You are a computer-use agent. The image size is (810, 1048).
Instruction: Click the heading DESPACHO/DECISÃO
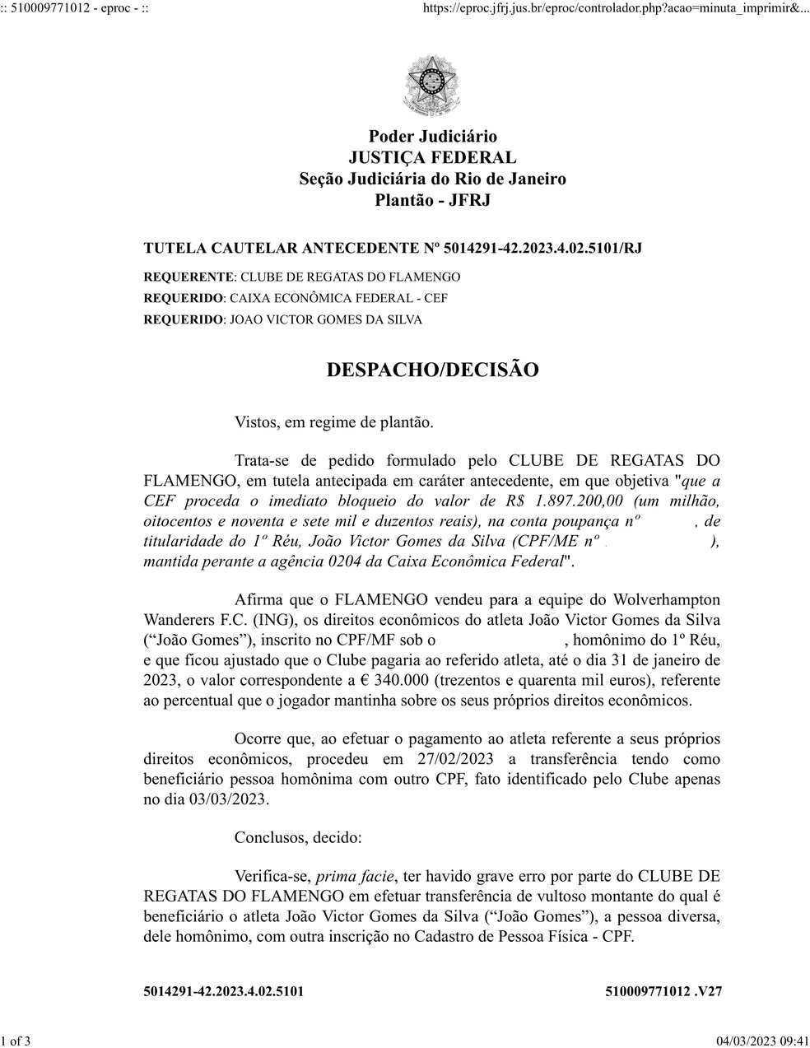pyautogui.click(x=432, y=370)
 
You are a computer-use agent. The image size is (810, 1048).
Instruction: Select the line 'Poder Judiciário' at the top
pyautogui.click(x=432, y=136)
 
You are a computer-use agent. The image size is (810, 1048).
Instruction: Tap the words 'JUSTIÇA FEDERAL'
pyautogui.click(x=432, y=157)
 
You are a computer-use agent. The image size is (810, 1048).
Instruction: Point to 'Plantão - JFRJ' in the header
pyautogui.click(x=432, y=200)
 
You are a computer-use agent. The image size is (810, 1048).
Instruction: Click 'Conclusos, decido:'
pyautogui.click(x=298, y=838)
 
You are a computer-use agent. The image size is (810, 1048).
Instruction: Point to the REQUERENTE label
pyautogui.click(x=189, y=277)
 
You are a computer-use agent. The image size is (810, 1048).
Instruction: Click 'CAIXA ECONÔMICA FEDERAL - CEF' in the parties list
pyautogui.click(x=338, y=298)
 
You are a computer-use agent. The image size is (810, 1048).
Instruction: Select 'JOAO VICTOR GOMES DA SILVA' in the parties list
pyautogui.click(x=325, y=319)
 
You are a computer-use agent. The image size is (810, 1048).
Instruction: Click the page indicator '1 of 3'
pyautogui.click(x=16, y=1041)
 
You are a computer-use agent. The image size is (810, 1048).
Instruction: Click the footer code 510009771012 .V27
pyautogui.click(x=663, y=991)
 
